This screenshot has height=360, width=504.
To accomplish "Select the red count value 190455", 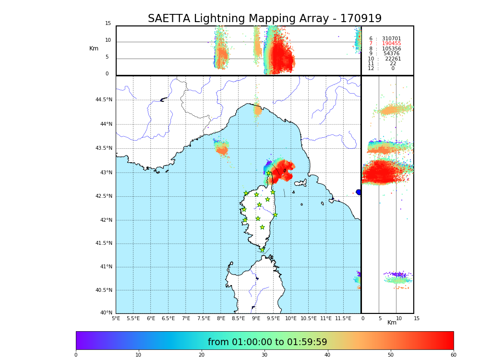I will click(x=391, y=44).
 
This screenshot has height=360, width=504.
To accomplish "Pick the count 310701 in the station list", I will click(x=391, y=39).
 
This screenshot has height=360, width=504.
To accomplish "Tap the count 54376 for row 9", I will click(x=391, y=54).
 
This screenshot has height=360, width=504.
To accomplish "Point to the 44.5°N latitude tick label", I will click(x=104, y=100).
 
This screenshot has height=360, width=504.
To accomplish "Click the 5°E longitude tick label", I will click(x=116, y=318).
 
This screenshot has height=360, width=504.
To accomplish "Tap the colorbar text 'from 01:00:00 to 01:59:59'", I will click(x=267, y=342).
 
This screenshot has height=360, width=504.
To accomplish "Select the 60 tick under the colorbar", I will click(x=453, y=355).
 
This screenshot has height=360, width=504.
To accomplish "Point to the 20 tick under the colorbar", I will click(x=202, y=355).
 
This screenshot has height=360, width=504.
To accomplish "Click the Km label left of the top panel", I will click(x=94, y=48).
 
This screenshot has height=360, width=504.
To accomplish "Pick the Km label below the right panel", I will click(x=392, y=323).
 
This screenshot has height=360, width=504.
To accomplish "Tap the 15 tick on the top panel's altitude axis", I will click(x=108, y=24).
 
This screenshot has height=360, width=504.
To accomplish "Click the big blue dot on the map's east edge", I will click(x=359, y=192).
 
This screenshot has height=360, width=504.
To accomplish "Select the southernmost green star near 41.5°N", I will click(x=262, y=250).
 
